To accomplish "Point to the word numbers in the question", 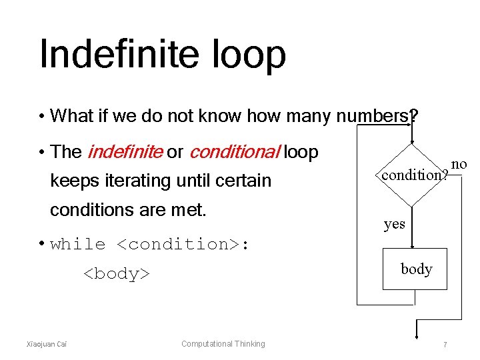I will click(373, 117).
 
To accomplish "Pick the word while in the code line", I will click(78, 244).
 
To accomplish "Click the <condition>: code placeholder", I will click(183, 244).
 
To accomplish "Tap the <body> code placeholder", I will click(116, 273).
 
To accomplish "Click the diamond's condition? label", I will click(413, 175).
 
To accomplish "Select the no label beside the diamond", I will click(459, 164).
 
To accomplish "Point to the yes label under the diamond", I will click(394, 224).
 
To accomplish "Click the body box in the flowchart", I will click(416, 269).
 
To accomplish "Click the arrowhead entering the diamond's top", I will click(413, 139).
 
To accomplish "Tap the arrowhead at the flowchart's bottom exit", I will click(417, 333).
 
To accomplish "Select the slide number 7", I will click(445, 344).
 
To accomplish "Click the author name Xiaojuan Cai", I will click(46, 344).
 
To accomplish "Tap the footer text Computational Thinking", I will click(223, 344).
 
